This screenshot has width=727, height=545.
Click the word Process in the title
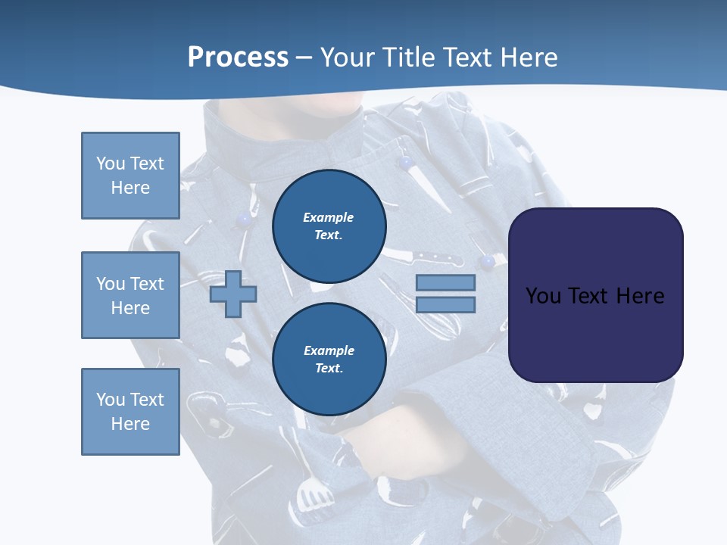tap(238, 58)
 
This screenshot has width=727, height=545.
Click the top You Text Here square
tap(130, 176)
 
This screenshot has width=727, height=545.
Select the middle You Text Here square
tap(130, 295)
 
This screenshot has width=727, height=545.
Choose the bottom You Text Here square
tap(130, 412)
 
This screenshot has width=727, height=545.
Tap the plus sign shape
tap(233, 294)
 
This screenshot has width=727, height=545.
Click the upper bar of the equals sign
tap(446, 283)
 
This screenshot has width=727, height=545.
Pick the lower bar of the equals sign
tap(446, 304)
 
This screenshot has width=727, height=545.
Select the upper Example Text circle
tap(329, 226)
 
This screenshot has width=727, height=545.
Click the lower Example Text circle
tap(329, 360)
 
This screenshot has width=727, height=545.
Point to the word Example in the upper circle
tap(329, 217)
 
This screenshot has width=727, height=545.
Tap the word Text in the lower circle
tap(329, 369)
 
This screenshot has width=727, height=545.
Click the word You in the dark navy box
tap(543, 296)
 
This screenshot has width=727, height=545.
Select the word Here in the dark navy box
tap(640, 296)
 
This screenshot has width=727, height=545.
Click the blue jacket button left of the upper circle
tap(244, 220)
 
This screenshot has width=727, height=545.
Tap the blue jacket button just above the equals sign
tap(488, 262)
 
